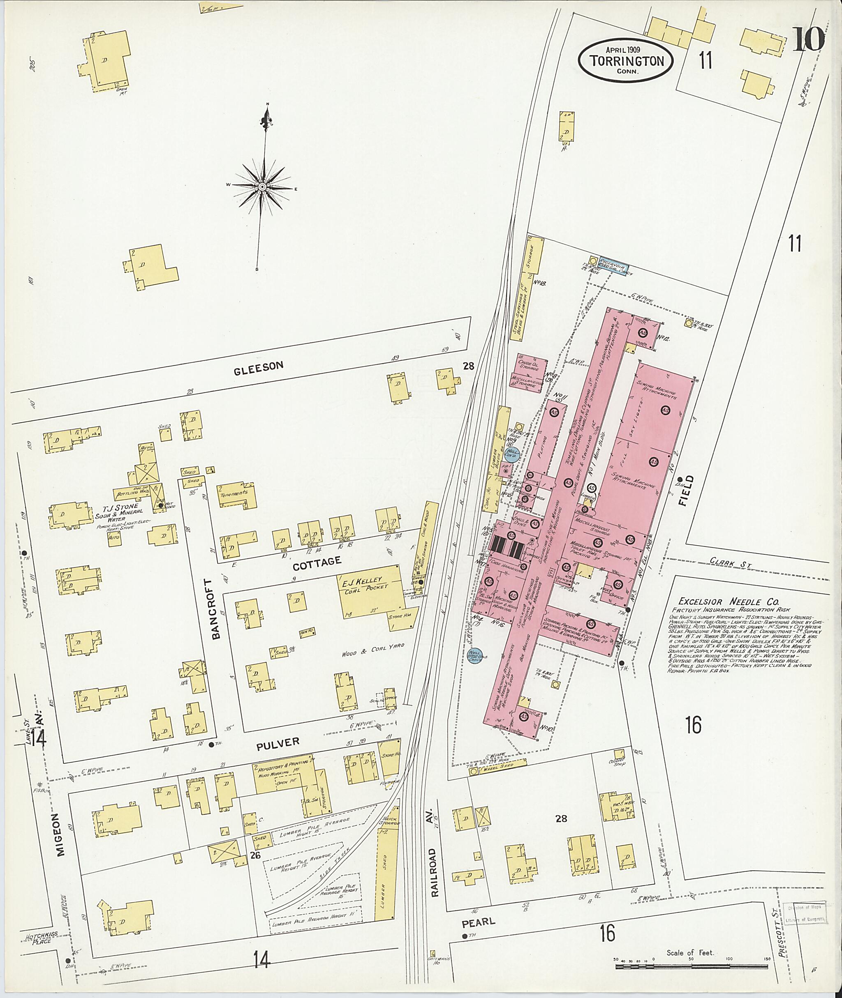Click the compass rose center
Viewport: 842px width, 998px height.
click(x=262, y=187)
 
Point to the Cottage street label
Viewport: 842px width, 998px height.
click(x=317, y=562)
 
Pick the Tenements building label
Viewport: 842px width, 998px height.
click(x=234, y=493)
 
